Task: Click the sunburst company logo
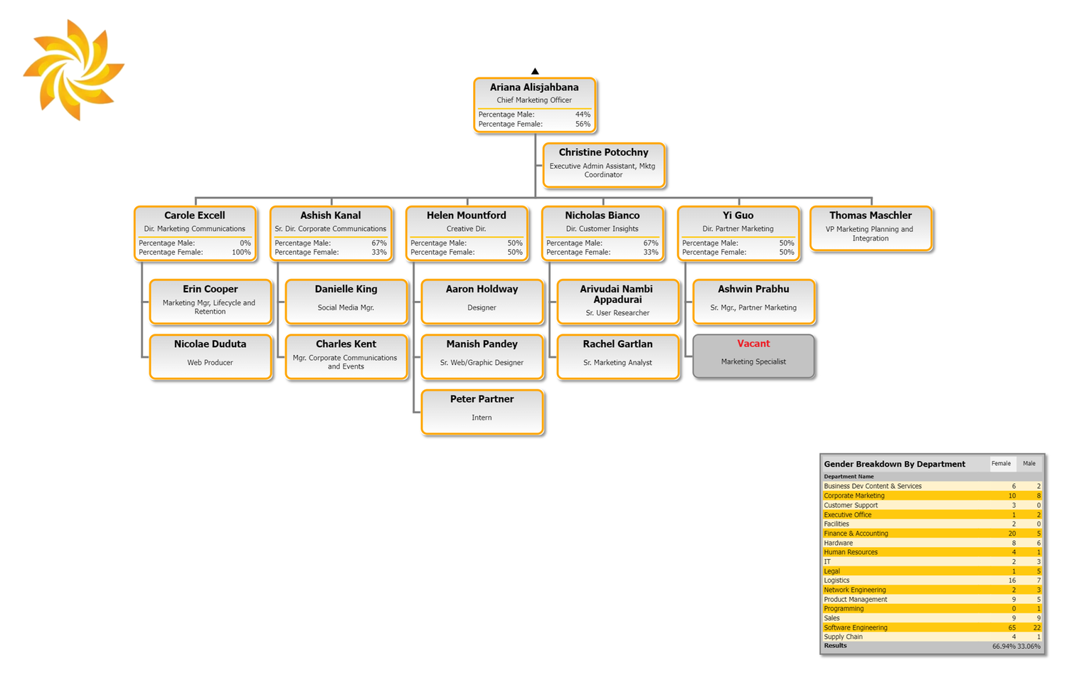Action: (x=74, y=70)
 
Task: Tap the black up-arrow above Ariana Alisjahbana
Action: (x=535, y=71)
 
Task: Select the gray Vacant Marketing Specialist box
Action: (x=753, y=356)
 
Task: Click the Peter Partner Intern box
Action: (x=482, y=412)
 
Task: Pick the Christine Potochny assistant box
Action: (x=603, y=165)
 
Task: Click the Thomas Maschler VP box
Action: (x=871, y=228)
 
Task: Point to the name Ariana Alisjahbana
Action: (x=534, y=88)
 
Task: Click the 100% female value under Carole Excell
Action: (x=241, y=252)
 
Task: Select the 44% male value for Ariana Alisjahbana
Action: (x=583, y=115)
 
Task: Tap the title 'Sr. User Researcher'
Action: (x=617, y=312)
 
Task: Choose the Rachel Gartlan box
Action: (x=618, y=356)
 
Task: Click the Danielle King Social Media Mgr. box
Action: (x=346, y=302)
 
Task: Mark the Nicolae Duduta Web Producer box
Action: (x=211, y=356)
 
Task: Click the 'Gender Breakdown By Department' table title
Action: (x=895, y=464)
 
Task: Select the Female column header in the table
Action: (x=1001, y=463)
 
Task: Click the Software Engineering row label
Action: (x=856, y=627)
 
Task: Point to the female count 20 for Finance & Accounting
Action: (x=1012, y=534)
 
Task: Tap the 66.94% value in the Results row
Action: (x=1004, y=647)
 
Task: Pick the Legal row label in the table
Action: (x=832, y=571)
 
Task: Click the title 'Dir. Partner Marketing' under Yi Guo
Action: (x=738, y=228)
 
